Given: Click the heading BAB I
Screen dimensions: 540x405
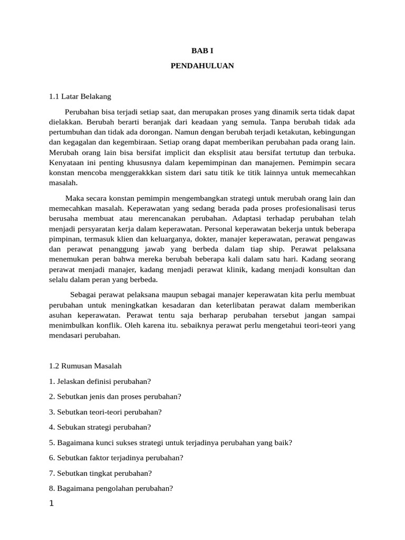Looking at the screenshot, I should tap(202, 51).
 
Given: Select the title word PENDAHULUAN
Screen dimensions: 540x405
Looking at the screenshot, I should tap(202, 66).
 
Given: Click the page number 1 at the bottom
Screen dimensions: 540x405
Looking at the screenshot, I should tap(52, 504).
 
